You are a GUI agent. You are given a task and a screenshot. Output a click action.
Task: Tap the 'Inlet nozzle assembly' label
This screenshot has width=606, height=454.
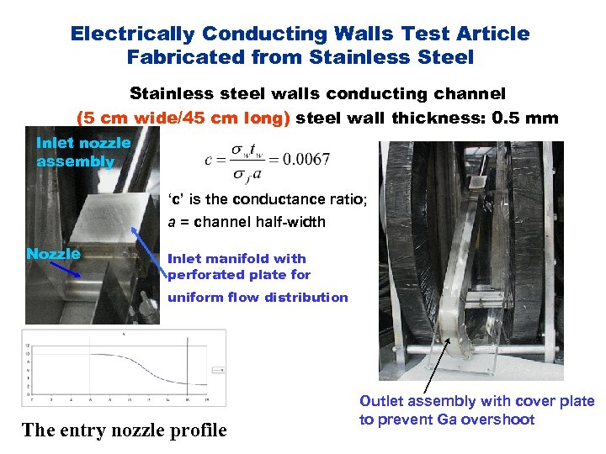(82, 151)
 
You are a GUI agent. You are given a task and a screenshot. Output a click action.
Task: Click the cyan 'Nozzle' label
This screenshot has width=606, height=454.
(53, 254)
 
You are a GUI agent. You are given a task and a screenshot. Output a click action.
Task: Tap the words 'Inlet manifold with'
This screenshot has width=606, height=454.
(237, 259)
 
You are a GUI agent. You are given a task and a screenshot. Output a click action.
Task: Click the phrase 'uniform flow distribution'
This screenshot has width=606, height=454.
(258, 297)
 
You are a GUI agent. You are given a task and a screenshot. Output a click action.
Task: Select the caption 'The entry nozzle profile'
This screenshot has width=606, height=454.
(124, 430)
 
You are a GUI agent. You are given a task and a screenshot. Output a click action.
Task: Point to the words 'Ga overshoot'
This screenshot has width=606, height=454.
(493, 420)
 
